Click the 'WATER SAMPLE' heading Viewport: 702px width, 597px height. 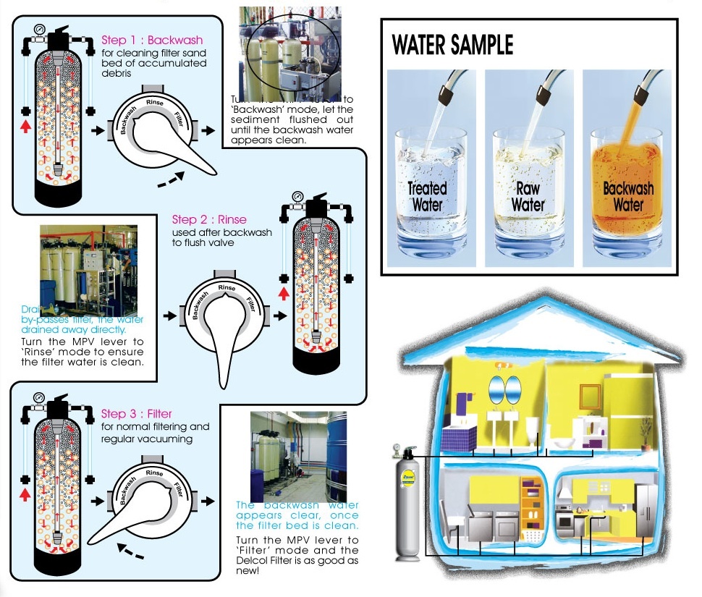point(452,45)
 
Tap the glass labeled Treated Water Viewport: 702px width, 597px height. point(427,192)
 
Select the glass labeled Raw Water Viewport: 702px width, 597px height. point(528,192)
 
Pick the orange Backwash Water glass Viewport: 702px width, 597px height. point(627,192)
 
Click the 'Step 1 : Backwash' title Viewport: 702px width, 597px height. point(152,41)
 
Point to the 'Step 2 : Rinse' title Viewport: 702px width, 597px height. point(209,219)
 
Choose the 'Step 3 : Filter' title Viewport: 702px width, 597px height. point(137,414)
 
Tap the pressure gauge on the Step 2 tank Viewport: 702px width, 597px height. point(298,196)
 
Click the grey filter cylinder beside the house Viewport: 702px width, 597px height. point(405,507)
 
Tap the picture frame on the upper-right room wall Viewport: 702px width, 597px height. point(590,394)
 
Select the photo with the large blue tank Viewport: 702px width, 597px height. point(298,456)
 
